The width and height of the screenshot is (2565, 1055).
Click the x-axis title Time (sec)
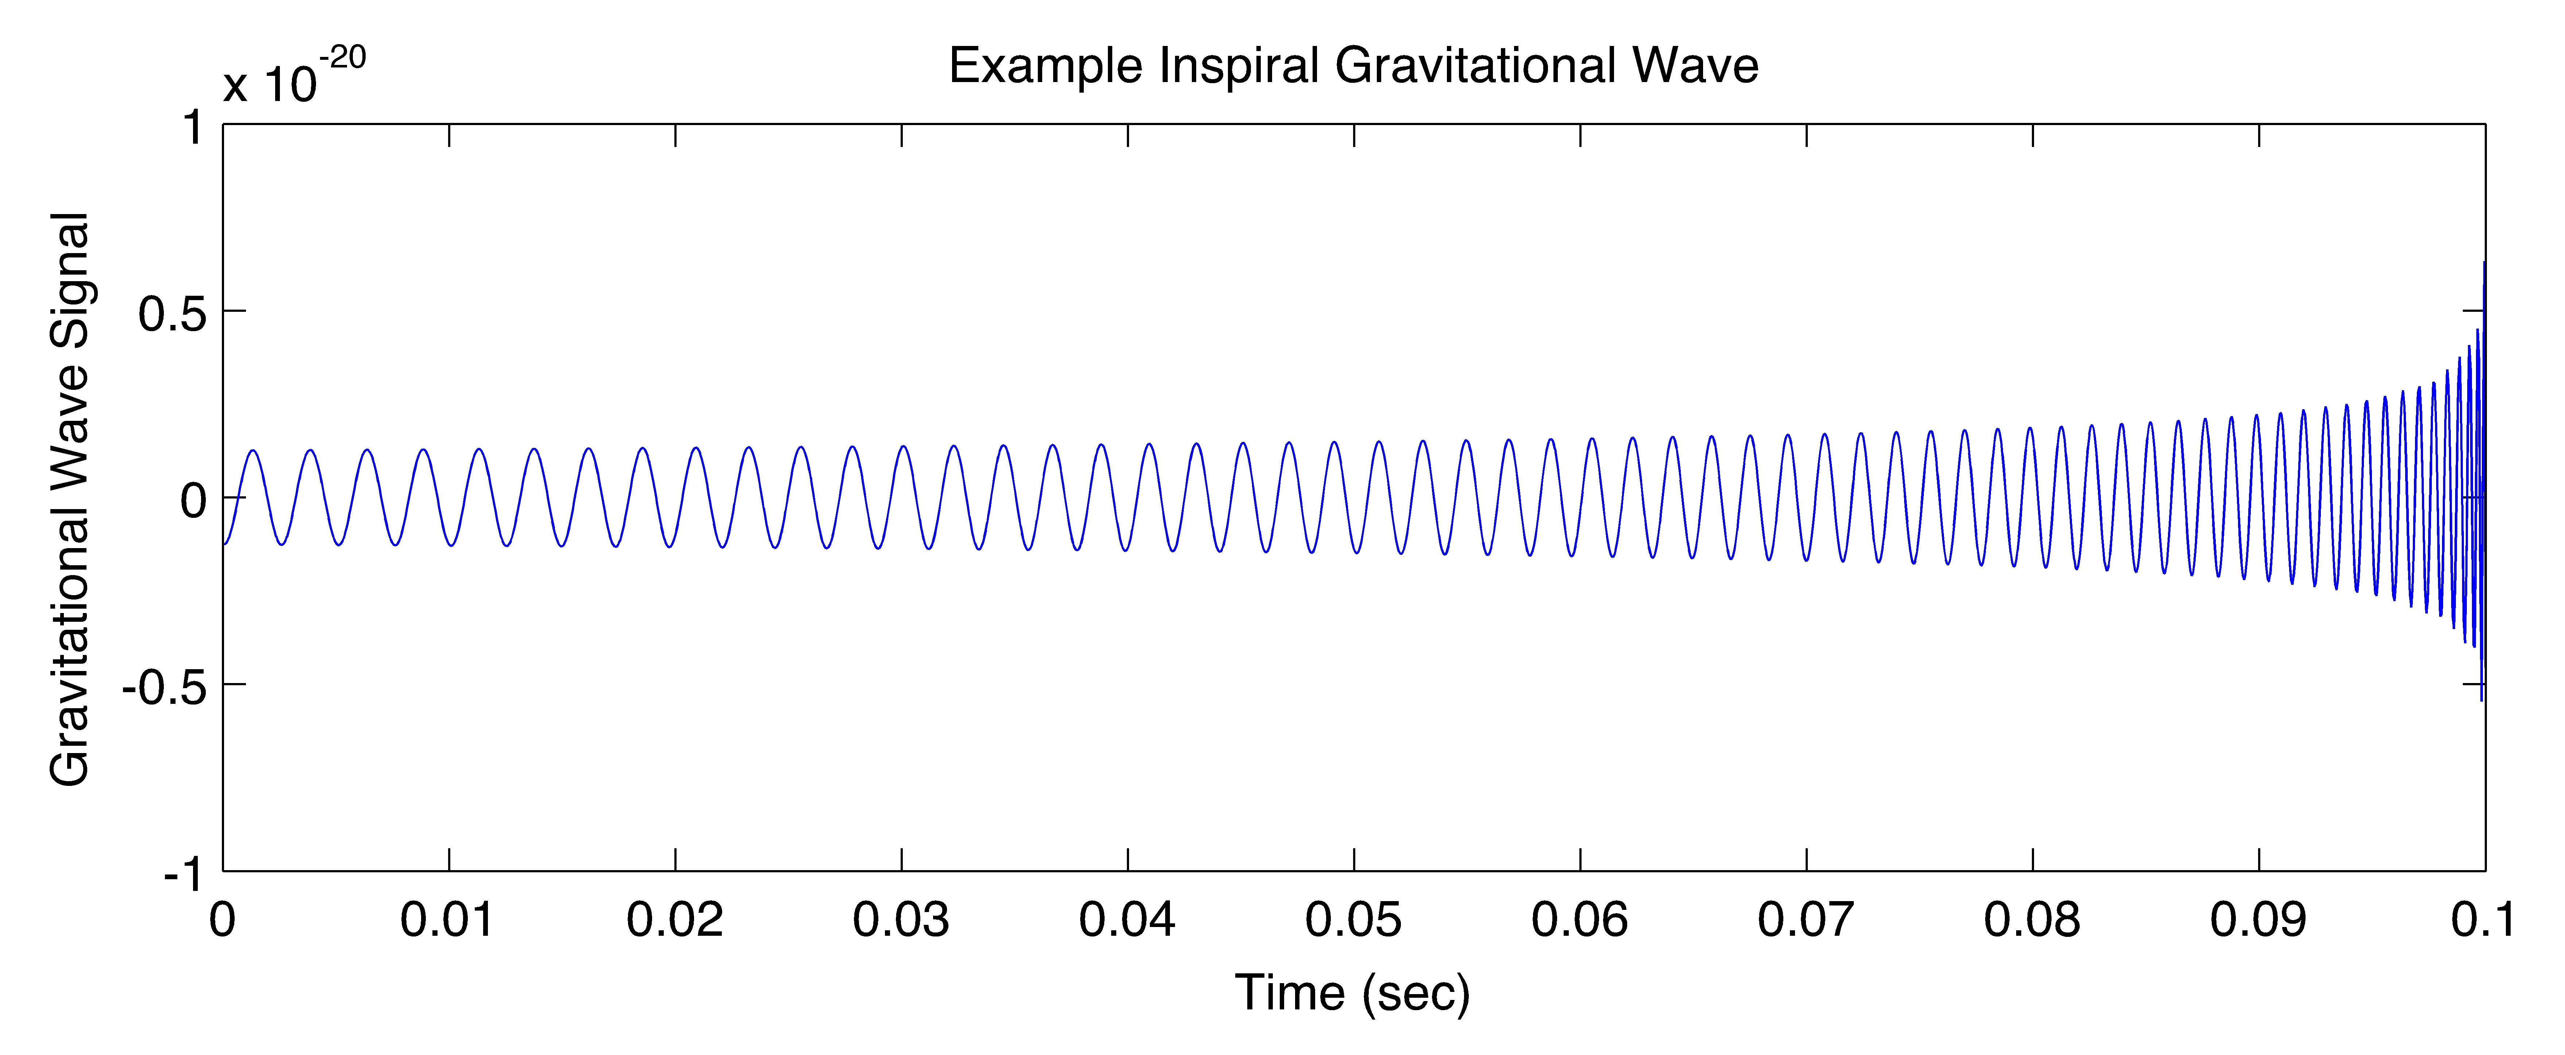point(1352,993)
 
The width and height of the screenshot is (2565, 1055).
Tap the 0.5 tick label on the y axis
point(171,314)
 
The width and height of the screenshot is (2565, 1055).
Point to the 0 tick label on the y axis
point(193,500)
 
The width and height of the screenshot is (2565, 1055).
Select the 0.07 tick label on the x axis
point(1805,920)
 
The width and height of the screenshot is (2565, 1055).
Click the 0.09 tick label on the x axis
point(2257,920)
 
